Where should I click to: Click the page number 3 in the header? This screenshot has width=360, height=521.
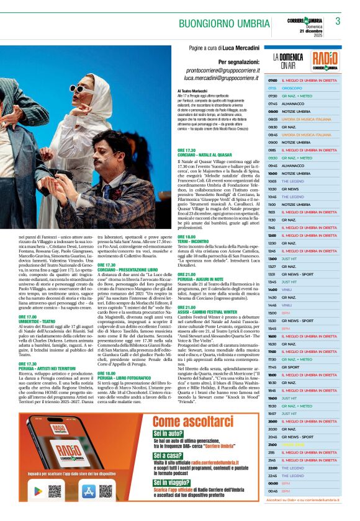pyautogui.click(x=338, y=21)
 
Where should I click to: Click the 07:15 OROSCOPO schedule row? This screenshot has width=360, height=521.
pyautogui.click(x=301, y=88)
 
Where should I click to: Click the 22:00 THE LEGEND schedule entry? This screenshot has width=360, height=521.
pyautogui.click(x=301, y=468)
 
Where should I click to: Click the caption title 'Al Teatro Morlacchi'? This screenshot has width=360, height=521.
pyautogui.click(x=194, y=91)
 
